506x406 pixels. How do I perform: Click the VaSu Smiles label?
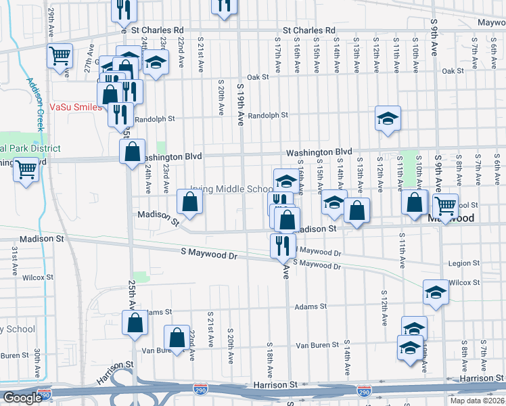(75, 108)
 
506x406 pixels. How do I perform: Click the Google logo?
(22, 398)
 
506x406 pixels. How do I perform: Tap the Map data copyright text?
(477, 401)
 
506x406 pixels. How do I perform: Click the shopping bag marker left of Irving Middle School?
(189, 202)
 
